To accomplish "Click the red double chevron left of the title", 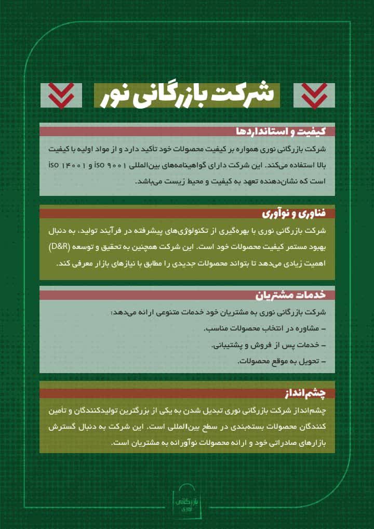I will (61, 96).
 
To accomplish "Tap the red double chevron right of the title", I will (314, 96).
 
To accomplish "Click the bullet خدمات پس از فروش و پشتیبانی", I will (269, 345).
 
